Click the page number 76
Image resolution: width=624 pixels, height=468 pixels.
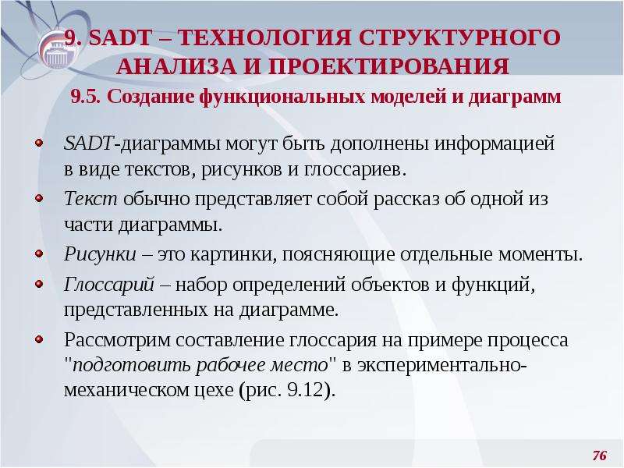coord(599,455)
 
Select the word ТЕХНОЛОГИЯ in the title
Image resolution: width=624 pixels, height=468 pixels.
coord(264,37)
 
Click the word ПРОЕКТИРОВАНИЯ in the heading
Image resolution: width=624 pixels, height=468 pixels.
coord(388,66)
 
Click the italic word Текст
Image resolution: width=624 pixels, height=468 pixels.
coord(90,198)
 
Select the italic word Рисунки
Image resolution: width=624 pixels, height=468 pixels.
coord(100,254)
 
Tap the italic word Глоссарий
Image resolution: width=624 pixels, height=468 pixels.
coord(109,285)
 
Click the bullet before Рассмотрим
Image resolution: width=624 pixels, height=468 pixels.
coord(39,339)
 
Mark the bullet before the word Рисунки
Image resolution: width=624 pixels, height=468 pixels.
coord(39,253)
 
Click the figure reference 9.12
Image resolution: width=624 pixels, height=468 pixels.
coord(305,389)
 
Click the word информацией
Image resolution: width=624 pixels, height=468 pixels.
coord(495,144)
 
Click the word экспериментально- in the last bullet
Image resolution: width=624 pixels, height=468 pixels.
coord(442,366)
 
